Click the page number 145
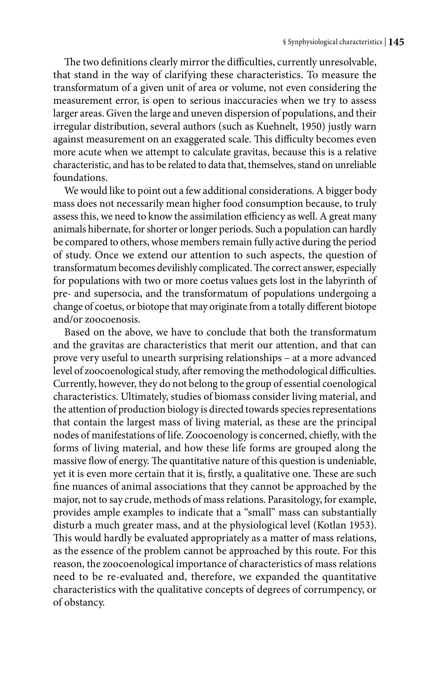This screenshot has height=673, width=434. pyautogui.click(x=396, y=42)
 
